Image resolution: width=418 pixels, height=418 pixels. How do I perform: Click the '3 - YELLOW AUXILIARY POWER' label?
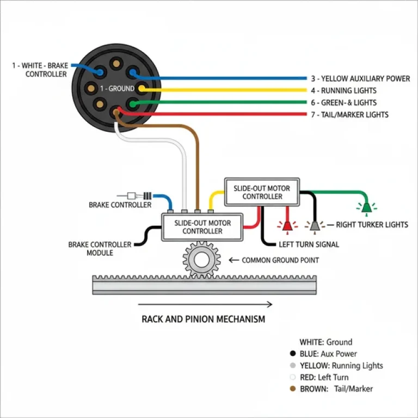click(360, 78)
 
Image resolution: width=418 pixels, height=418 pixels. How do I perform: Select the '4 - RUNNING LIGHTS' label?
click(351, 90)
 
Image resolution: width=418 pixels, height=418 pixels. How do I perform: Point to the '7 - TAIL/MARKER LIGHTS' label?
click(349, 115)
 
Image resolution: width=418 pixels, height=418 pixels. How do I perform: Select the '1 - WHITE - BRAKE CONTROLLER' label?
click(40, 70)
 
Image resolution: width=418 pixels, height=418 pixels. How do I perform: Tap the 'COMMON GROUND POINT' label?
click(280, 260)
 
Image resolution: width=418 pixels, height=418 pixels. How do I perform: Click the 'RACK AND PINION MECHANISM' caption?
click(204, 319)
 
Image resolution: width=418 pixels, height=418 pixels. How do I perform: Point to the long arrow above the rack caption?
click(205, 305)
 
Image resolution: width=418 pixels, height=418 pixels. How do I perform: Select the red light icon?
click(286, 224)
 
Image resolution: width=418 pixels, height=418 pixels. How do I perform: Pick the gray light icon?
click(314, 224)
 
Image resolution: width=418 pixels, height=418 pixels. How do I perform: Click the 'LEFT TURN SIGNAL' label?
click(309, 244)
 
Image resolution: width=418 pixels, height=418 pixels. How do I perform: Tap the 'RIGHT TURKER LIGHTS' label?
click(372, 224)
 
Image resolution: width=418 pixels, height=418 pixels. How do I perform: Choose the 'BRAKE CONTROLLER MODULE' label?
click(100, 249)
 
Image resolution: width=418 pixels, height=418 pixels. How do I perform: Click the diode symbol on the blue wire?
click(138, 196)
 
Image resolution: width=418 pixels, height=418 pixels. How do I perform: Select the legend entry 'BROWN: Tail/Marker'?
click(336, 389)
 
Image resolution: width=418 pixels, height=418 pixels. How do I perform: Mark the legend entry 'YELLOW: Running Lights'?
click(341, 366)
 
